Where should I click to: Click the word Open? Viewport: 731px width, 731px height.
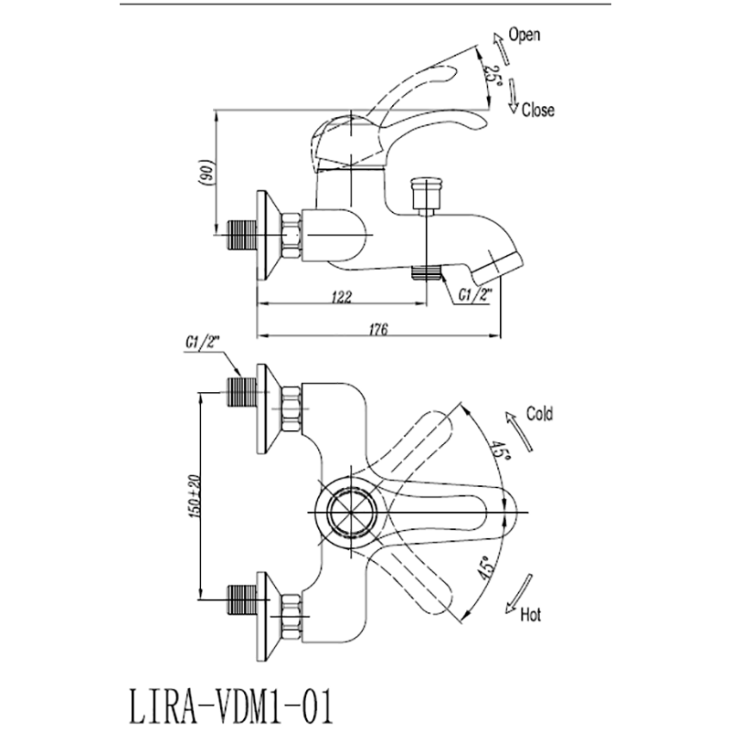[x=524, y=36]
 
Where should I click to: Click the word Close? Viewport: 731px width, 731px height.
[x=537, y=111]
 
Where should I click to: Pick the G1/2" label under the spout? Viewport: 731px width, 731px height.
[x=476, y=294]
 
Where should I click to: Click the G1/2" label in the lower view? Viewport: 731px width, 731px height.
[x=202, y=344]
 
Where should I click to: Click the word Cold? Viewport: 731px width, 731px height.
[x=539, y=414]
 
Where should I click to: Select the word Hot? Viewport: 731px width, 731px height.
[x=531, y=615]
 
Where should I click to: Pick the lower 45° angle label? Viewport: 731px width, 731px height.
[x=486, y=569]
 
